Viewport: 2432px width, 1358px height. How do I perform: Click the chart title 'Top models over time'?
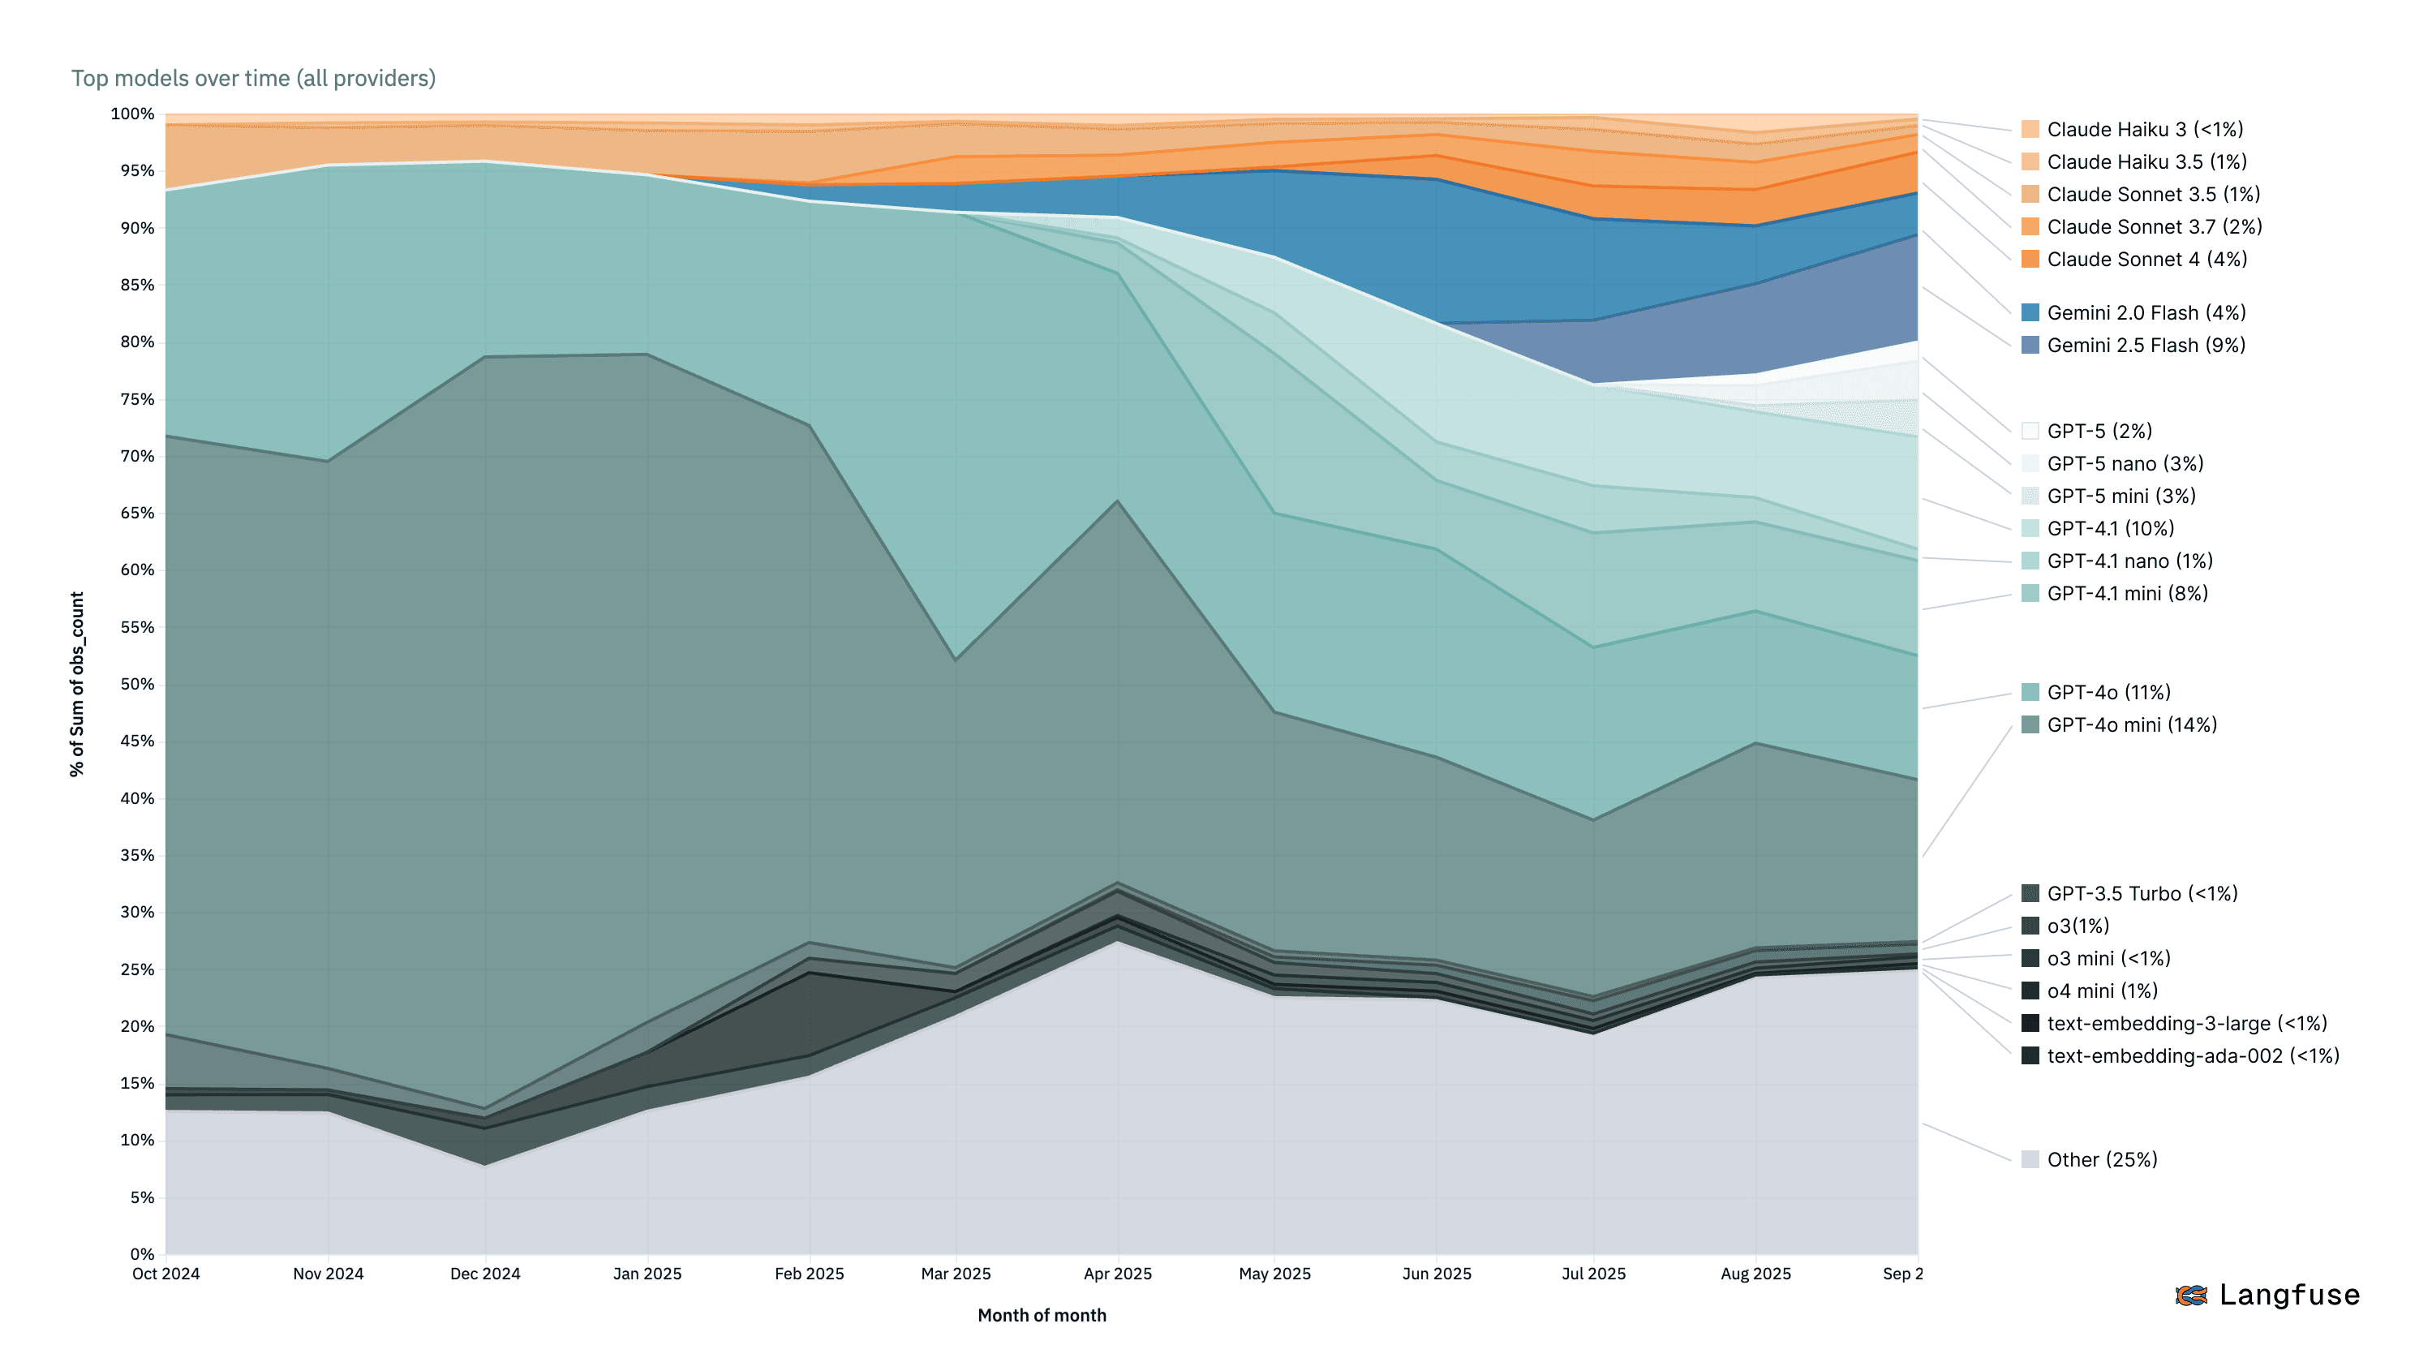click(x=253, y=79)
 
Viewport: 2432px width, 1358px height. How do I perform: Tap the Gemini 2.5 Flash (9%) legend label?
click(x=2145, y=346)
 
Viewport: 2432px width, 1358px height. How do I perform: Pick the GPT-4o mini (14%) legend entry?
click(x=2131, y=725)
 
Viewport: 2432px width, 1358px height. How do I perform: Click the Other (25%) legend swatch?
click(x=2030, y=1161)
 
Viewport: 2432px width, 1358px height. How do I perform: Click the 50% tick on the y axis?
click(x=137, y=685)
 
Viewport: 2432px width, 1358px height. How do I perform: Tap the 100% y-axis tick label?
click(x=132, y=114)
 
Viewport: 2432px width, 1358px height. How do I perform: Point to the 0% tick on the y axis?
click(x=142, y=1255)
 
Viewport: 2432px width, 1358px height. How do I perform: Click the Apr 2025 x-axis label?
click(x=1118, y=1274)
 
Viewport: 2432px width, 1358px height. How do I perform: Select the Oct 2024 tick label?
click(x=166, y=1274)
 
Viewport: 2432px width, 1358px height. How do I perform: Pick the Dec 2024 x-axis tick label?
click(x=485, y=1274)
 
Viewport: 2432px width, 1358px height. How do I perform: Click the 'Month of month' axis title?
click(x=1042, y=1316)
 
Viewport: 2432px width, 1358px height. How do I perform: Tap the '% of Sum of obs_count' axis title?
click(x=77, y=685)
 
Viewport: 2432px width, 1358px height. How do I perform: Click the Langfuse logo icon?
click(x=2191, y=1296)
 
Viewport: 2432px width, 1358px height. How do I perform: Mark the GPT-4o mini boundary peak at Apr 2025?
click(x=1118, y=501)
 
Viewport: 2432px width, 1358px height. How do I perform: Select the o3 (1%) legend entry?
click(x=2077, y=926)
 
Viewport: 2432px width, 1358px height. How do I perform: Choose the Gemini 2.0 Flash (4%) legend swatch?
click(x=2030, y=313)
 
